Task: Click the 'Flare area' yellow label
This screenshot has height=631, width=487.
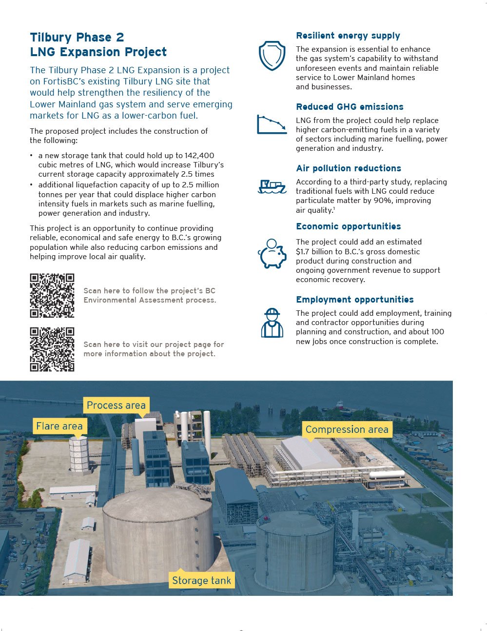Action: click(59, 426)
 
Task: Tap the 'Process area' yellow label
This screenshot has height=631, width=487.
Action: click(116, 405)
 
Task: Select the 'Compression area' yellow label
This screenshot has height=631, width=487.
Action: click(347, 429)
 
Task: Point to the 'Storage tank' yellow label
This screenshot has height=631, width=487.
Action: click(201, 580)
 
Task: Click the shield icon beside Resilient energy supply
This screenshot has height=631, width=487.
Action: click(272, 56)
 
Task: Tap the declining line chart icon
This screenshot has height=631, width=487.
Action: click(272, 124)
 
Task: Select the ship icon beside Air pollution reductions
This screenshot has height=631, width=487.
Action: click(272, 186)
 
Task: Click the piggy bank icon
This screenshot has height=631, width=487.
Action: click(272, 254)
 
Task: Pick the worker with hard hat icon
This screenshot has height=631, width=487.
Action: click(272, 323)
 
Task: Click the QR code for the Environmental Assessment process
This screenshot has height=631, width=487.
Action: click(52, 296)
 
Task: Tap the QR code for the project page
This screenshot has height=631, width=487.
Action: click(52, 349)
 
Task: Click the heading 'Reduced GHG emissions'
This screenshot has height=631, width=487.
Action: click(350, 107)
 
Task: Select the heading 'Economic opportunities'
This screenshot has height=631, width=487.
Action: click(349, 226)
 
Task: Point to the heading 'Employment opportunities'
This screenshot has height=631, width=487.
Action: click(355, 300)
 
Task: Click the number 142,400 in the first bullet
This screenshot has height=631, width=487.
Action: click(199, 156)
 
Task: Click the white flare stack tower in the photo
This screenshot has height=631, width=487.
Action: click(78, 455)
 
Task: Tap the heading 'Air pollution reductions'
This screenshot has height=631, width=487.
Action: click(349, 168)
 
